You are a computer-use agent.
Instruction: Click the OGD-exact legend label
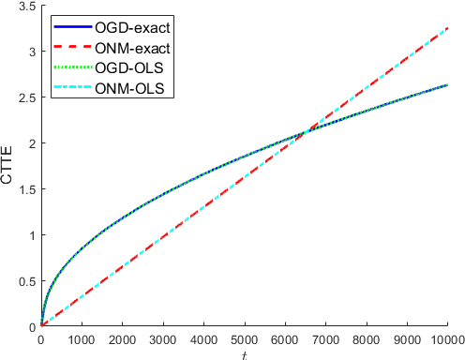pos(131,24)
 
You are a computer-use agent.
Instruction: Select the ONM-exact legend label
pos(132,47)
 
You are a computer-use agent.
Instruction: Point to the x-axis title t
pos(244,354)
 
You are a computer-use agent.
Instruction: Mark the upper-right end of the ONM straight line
pos(447,29)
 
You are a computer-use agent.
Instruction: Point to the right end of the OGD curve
pos(447,85)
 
